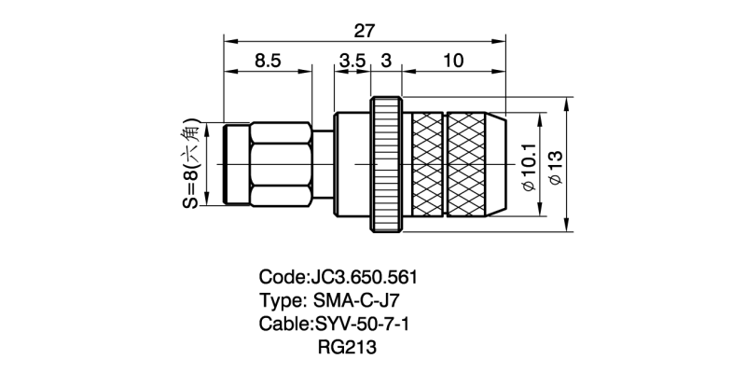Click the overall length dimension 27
pos(365,31)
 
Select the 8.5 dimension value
pos(268,61)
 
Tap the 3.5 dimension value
pos(352,61)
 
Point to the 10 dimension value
pos(453,61)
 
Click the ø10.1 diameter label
pos(529,167)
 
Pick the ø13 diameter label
pos(555,167)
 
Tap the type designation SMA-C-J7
pos(357,300)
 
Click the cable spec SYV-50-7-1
pos(360,324)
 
